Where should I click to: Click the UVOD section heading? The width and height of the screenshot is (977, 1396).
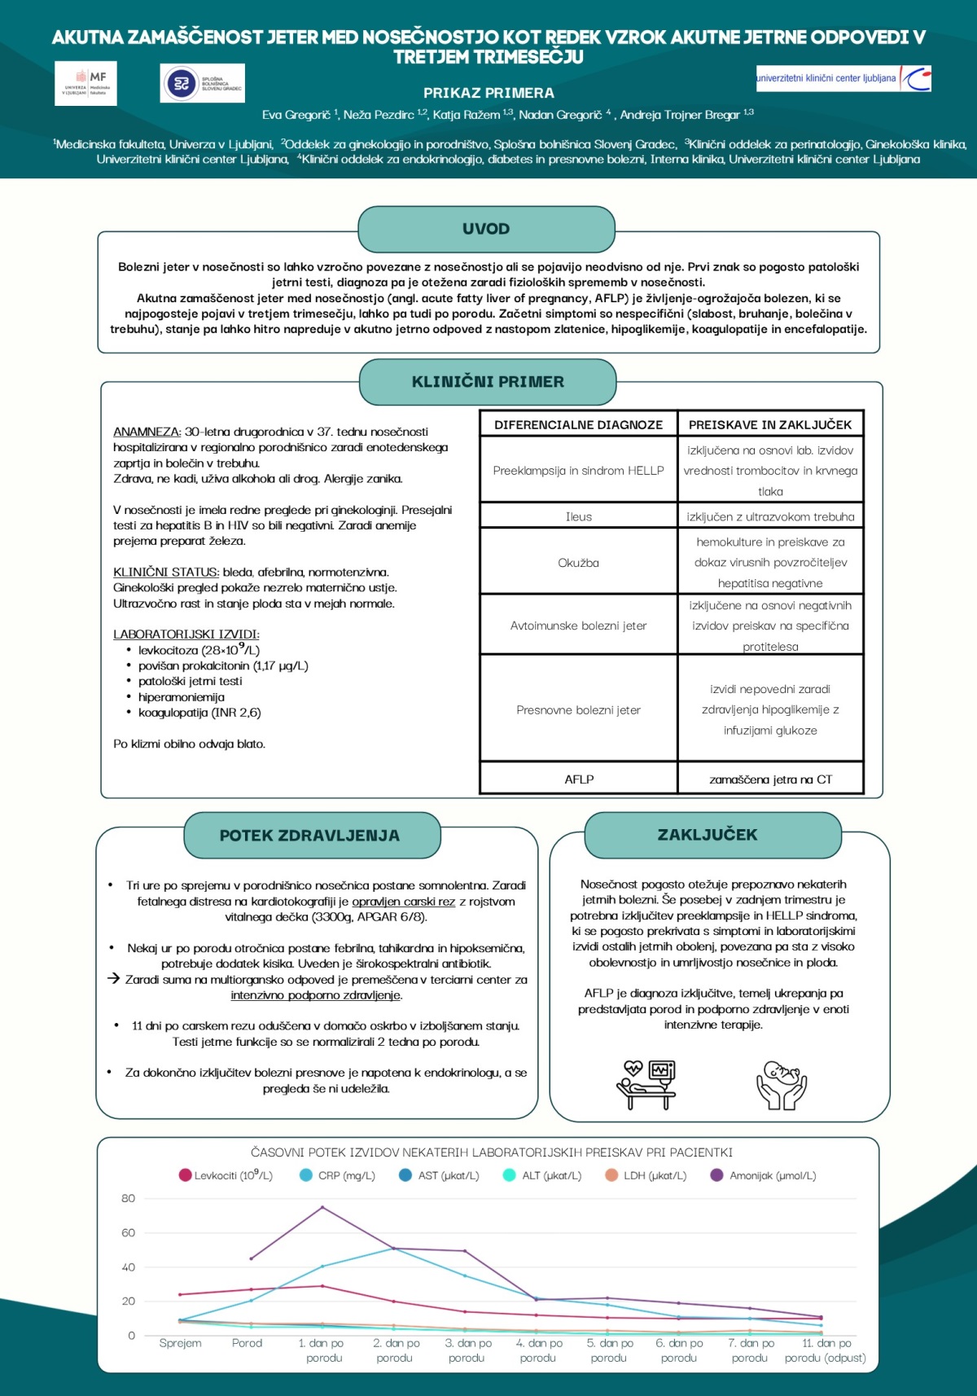pos(486,229)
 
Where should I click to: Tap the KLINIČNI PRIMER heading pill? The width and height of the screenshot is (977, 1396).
pos(488,381)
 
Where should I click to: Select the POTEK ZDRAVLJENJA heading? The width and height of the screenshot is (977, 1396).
pos(309,835)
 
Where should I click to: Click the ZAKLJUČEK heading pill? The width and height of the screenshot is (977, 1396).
pos(707,834)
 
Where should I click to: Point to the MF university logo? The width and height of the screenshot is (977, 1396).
pos(86,83)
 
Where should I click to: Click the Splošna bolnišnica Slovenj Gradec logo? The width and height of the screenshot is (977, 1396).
pos(202,83)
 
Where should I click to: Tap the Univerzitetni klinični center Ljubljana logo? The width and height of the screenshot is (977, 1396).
pos(843,78)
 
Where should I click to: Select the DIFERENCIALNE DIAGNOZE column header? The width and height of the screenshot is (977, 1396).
pos(578,424)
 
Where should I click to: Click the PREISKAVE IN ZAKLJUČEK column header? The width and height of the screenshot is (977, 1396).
pos(769,424)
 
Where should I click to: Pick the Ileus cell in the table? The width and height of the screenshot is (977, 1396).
pos(578,516)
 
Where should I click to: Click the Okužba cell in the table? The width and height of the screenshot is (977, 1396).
pos(578,562)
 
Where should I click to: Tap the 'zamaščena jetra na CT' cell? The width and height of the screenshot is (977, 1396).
pos(770,779)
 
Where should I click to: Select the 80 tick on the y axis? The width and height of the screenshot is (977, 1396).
pos(128,1198)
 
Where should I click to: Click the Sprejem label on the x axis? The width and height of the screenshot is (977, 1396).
pos(180,1343)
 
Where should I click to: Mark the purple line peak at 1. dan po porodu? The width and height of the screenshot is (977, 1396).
pos(322,1207)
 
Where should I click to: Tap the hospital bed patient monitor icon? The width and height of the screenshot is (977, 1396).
pos(646,1085)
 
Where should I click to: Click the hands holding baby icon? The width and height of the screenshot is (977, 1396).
pos(781,1085)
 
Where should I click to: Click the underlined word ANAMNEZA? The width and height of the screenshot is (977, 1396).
pos(147,432)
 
